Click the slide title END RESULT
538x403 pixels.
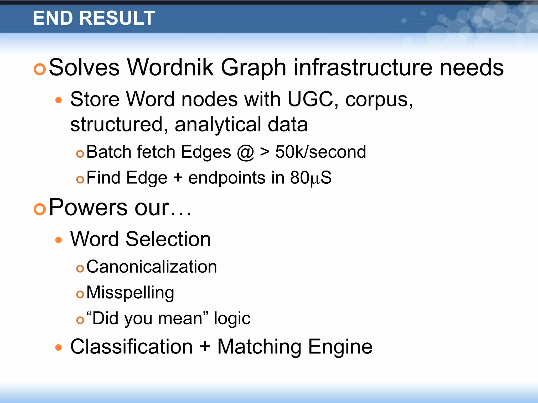tap(94, 18)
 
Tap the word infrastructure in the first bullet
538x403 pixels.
tap(363, 67)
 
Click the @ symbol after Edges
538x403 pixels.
tap(245, 152)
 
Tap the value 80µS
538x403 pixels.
tap(311, 178)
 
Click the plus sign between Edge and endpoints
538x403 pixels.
tap(178, 178)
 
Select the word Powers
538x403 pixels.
tap(88, 207)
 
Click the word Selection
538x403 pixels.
tap(168, 239)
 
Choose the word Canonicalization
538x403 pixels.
tap(152, 267)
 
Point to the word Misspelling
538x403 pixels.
tap(130, 293)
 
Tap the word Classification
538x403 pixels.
tap(132, 347)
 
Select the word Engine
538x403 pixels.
tap(340, 347)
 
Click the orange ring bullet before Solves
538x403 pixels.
tap(40, 69)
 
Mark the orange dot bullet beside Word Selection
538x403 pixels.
tap(59, 240)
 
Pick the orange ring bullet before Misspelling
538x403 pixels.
tap(80, 294)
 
